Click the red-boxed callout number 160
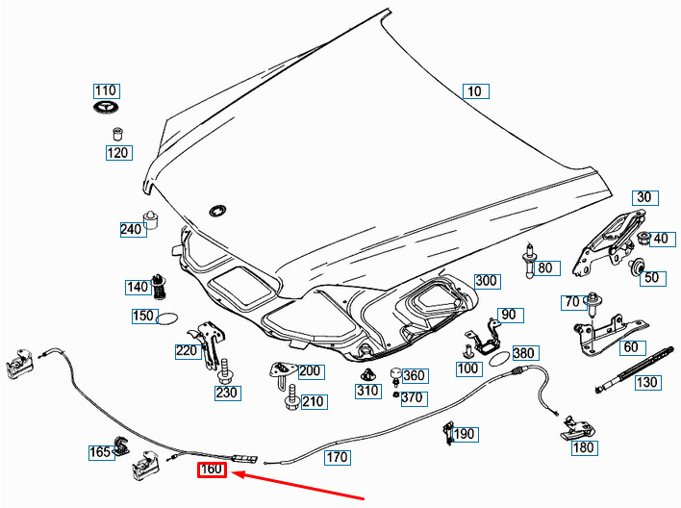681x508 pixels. [x=212, y=470]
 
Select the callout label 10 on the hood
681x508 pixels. [x=476, y=91]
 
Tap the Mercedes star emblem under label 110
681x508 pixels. [x=107, y=108]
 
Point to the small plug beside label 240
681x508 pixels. [x=150, y=220]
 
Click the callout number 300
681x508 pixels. [x=487, y=281]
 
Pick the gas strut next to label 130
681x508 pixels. [x=635, y=369]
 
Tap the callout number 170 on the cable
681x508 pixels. [x=338, y=457]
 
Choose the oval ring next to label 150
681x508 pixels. [x=167, y=318]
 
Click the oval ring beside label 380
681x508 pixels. [x=499, y=359]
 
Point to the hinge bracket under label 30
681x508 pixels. [x=608, y=242]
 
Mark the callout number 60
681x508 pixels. [x=631, y=347]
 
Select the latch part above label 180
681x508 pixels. [x=578, y=428]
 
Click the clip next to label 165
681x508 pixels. [x=121, y=445]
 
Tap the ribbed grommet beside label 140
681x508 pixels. [x=161, y=287]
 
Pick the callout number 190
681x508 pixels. [x=466, y=434]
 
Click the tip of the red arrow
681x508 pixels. [x=231, y=472]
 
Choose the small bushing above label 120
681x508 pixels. [x=117, y=134]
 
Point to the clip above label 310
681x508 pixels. [x=367, y=373]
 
